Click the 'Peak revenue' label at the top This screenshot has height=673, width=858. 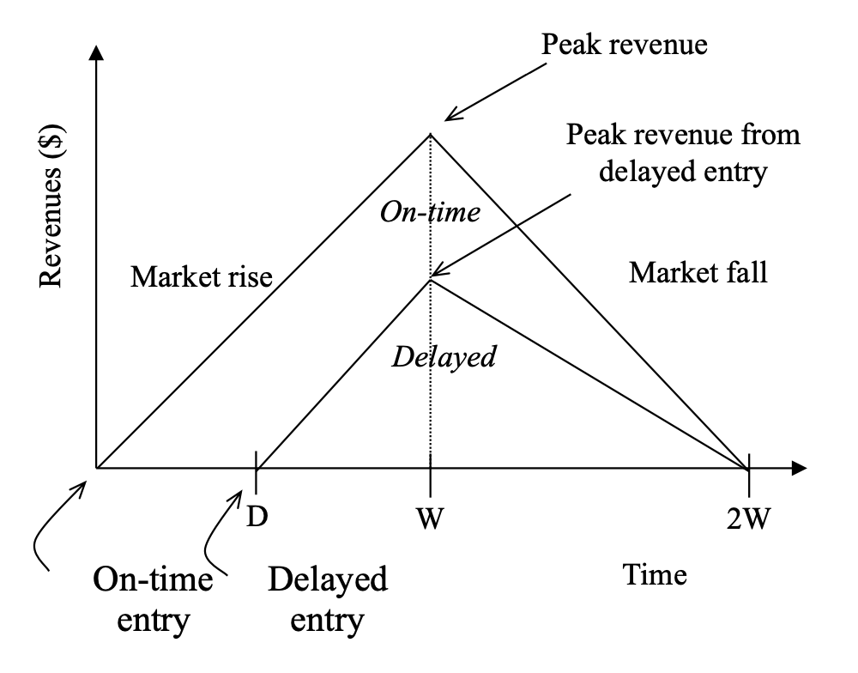tap(625, 44)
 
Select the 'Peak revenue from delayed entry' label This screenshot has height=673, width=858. tap(684, 154)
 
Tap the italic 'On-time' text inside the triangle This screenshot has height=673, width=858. tap(430, 211)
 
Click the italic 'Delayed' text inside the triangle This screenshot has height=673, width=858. tap(443, 355)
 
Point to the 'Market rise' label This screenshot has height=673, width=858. tap(202, 276)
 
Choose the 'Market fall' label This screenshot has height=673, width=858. tap(698, 273)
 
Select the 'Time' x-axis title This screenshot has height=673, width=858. tap(656, 574)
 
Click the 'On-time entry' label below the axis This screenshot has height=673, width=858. tap(153, 599)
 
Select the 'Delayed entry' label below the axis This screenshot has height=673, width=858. tap(328, 599)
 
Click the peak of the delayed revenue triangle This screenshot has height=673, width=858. tap(430, 278)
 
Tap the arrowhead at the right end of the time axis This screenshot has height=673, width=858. tap(800, 469)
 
